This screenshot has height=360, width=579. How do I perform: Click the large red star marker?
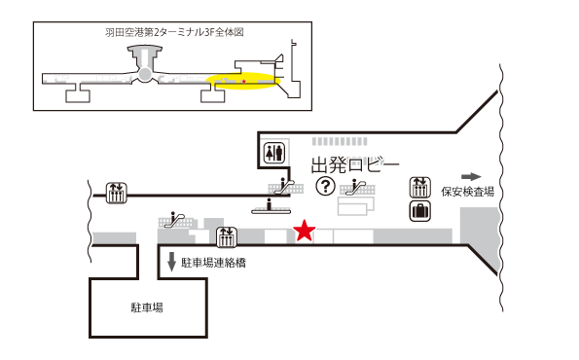305,232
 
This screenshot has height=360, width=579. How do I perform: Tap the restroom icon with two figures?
274,152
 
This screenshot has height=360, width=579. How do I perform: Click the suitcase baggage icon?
420,209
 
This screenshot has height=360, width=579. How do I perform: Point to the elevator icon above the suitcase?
420,185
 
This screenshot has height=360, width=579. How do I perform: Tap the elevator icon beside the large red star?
227,235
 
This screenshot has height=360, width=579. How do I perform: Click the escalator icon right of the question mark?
358,185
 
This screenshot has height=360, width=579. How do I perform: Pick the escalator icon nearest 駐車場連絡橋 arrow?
177,219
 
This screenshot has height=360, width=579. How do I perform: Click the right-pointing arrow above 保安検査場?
471,176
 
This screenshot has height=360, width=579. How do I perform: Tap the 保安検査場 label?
467,192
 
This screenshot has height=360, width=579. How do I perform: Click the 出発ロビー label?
354,164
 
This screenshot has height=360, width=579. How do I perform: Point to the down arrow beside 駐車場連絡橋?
172,261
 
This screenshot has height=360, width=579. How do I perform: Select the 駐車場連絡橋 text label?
213,262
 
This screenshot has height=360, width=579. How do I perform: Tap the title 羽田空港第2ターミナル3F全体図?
174,32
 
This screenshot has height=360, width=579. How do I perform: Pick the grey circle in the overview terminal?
144,74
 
